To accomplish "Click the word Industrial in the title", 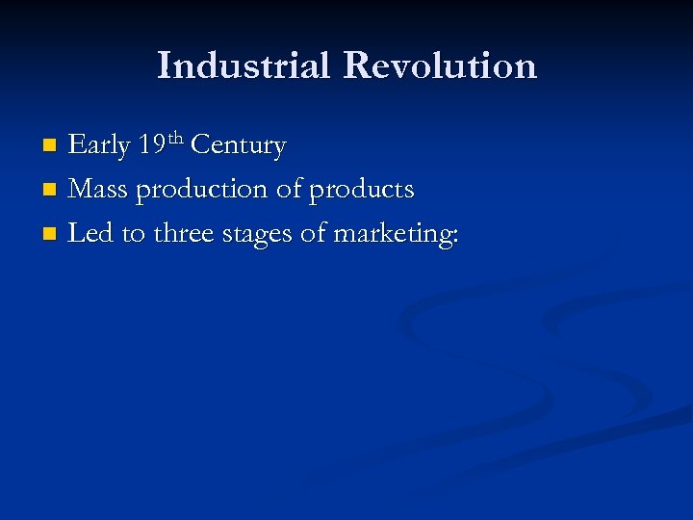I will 244,66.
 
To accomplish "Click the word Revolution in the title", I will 439,66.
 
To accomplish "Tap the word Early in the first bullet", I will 100,146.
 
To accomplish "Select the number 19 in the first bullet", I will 151,146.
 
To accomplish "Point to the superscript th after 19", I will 176,140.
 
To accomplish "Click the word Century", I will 238,146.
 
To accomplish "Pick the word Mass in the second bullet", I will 100,190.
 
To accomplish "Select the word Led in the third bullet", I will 90,233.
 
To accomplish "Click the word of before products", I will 289,190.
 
